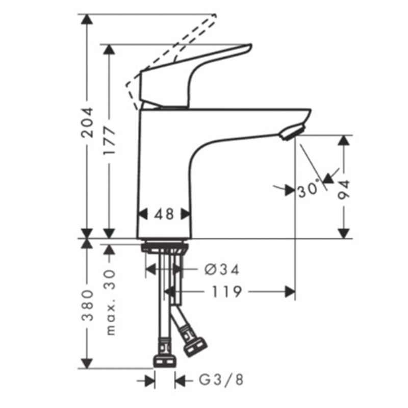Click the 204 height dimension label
tap(87, 122)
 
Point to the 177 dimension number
tap(109, 141)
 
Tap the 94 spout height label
tap(344, 190)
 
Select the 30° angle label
tap(309, 189)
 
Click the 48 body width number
tap(164, 214)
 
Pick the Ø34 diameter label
tap(222, 269)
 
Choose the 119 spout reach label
tap(226, 292)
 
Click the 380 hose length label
tap(87, 305)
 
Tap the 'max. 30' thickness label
tap(110, 302)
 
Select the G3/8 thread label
tap(221, 379)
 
